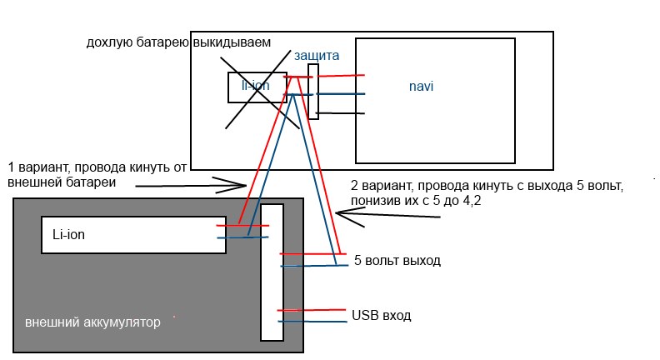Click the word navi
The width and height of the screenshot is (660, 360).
pos(421,86)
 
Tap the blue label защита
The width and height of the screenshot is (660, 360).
pos(316,55)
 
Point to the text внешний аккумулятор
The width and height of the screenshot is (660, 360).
pos(92,322)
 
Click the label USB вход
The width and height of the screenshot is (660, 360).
pos(382,315)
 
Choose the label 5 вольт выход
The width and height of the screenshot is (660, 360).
pos(397,261)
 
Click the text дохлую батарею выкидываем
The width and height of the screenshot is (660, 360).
pos(178,42)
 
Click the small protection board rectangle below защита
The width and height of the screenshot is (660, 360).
pos(312,91)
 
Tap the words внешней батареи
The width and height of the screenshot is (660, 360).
pos(61,181)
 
